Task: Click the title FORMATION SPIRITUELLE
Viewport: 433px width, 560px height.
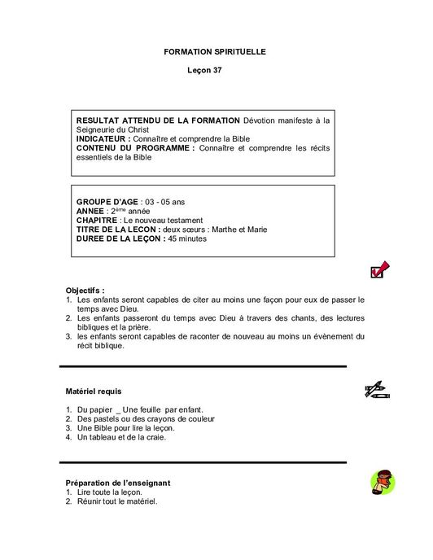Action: [215, 51]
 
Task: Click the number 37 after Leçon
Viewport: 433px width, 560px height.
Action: [216, 71]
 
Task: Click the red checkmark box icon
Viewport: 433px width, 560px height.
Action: [380, 269]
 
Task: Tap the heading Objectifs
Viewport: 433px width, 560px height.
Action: [85, 291]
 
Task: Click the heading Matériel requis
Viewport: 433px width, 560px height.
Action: [94, 392]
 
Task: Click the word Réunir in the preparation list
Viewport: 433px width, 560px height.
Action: [89, 501]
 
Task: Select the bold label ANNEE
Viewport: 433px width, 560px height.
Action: [91, 211]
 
